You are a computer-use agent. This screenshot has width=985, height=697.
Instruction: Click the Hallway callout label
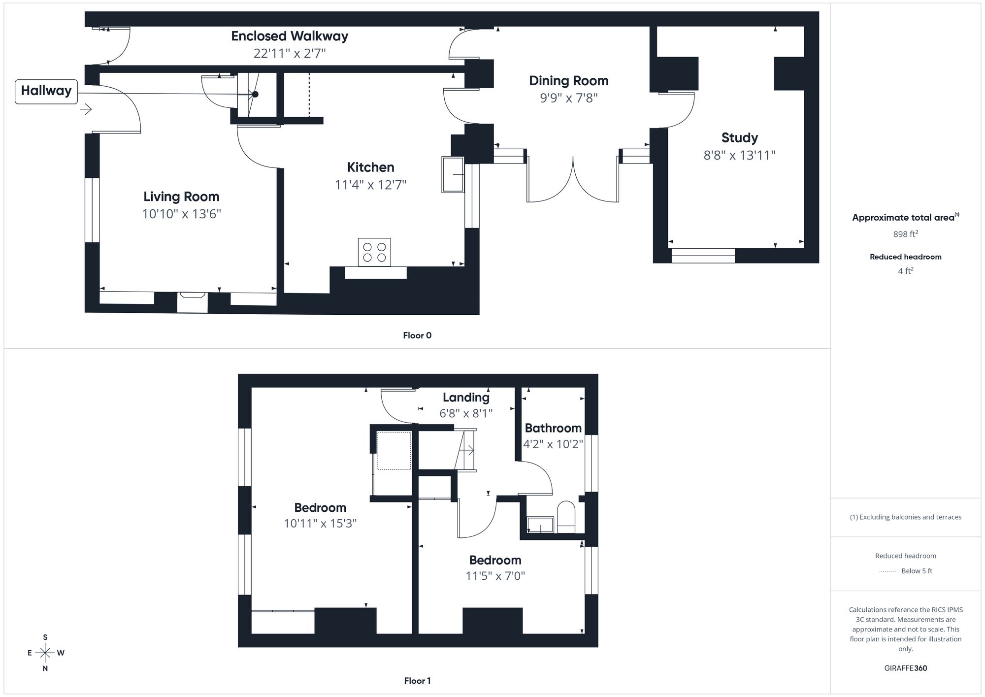pos(46,91)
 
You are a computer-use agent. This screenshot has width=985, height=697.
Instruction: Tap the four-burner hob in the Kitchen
pos(374,252)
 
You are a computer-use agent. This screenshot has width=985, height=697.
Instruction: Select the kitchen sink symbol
pos(453,174)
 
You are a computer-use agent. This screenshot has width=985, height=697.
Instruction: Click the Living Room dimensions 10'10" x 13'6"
pos(181,214)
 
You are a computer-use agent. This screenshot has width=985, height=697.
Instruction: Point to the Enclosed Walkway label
pos(290,36)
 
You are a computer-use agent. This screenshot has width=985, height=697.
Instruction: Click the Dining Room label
pos(568,81)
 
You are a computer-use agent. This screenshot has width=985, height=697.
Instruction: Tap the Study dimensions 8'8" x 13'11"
pos(739,155)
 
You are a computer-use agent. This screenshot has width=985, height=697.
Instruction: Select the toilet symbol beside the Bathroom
pos(566,517)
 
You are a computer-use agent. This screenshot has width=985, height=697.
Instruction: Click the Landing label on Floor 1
pos(466,397)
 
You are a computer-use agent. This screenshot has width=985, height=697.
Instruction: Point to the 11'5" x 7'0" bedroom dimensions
pos(495,575)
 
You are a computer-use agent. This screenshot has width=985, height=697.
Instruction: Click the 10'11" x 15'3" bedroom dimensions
pos(320,523)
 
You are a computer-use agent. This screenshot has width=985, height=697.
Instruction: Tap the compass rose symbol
pos(45,653)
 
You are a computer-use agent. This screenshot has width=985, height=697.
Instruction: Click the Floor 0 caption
pos(417,335)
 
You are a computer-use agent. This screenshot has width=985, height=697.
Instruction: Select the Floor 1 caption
pos(417,681)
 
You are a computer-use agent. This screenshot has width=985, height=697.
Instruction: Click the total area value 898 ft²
pos(905,234)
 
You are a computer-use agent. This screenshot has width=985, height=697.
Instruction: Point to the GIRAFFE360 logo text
pos(905,668)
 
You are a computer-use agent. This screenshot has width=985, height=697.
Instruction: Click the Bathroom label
pos(553,428)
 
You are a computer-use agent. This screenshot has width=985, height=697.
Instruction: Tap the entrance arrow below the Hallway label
pos(86,109)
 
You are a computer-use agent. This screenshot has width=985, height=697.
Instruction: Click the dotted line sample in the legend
pos(887,571)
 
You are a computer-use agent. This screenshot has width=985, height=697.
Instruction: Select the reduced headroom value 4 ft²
pos(905,270)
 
